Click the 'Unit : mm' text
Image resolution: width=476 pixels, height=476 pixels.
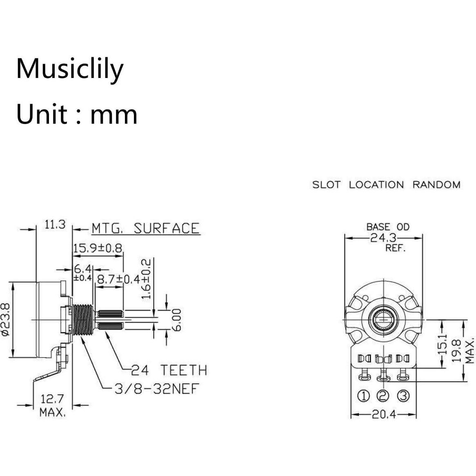coord(77,114)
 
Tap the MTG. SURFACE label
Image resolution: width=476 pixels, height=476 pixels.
coord(145,228)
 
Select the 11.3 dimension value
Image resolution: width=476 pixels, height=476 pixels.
coord(55,225)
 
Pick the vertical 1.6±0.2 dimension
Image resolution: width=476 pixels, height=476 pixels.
coord(147,278)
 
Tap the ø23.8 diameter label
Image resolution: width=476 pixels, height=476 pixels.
coord(5,319)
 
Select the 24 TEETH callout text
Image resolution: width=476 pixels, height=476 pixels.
coord(169,370)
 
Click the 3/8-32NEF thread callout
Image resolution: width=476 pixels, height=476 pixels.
coord(156,388)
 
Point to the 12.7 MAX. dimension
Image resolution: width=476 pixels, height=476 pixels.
coord(52,405)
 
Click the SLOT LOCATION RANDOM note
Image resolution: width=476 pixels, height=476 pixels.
coord(386,185)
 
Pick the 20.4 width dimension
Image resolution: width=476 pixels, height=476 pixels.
coord(383,415)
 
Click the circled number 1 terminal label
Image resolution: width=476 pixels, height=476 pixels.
coord(363,396)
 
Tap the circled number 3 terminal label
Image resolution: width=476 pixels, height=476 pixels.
coord(403,396)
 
